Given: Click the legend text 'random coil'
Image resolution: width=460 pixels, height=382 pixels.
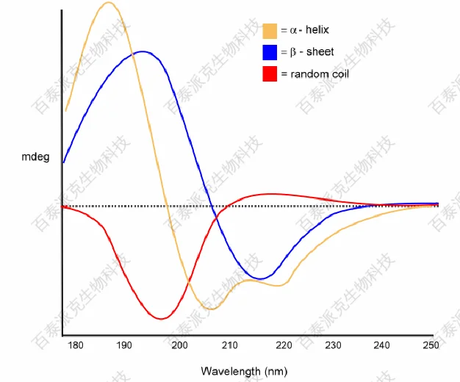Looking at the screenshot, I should click(x=320, y=74).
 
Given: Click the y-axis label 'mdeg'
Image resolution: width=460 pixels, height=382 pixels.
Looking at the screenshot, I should click(x=36, y=156).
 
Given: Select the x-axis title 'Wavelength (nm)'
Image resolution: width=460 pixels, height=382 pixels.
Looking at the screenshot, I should click(x=244, y=371).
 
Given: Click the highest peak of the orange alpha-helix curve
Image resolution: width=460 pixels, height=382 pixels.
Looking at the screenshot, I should click(x=109, y=2).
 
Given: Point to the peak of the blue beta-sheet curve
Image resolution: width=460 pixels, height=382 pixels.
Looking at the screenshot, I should click(x=143, y=51).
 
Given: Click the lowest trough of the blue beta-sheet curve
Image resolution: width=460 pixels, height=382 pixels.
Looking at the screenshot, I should click(x=260, y=278).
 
